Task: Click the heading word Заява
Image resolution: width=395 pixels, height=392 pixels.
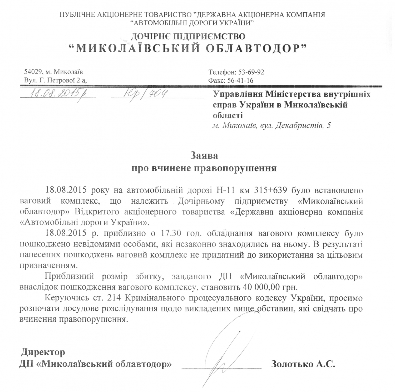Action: click(x=204, y=155)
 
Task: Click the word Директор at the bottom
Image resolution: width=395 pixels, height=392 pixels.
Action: click(x=43, y=352)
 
